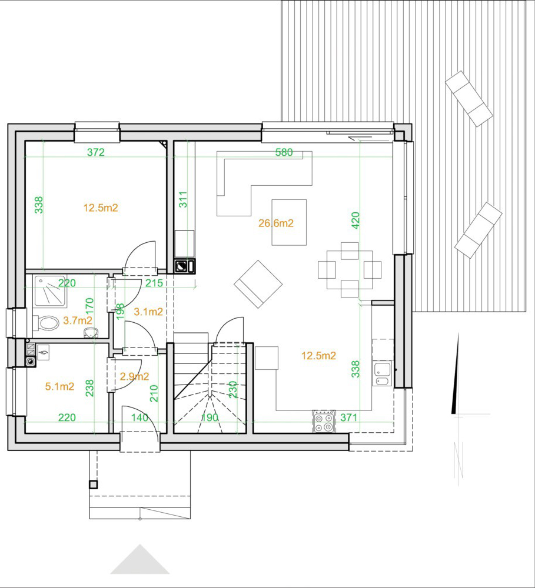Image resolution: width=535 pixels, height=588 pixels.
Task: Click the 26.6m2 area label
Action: click(276, 223)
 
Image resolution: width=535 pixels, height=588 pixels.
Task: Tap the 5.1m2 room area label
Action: click(59, 386)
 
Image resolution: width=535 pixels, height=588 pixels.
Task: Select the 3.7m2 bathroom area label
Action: click(78, 320)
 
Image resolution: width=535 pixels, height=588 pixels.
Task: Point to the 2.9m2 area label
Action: click(134, 376)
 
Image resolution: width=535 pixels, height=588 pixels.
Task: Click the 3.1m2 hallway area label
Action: click(148, 312)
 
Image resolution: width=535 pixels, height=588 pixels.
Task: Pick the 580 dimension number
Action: click(284, 152)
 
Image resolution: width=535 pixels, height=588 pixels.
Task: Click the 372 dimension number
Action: click(96, 152)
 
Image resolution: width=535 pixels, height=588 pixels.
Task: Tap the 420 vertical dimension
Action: click(355, 220)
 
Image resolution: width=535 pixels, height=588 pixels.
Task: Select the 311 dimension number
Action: click(183, 199)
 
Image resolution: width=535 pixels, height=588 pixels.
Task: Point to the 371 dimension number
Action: click(349, 417)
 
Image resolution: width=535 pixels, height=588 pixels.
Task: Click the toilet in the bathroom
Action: click(46, 323)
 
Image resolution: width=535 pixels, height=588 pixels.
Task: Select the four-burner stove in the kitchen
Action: click(324, 422)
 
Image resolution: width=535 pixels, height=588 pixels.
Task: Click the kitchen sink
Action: click(382, 374)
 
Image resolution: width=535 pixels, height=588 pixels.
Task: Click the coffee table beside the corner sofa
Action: click(289, 222)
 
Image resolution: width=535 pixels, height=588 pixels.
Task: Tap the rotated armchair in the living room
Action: click(258, 284)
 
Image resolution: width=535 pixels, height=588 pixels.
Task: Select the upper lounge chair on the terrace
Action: click(469, 99)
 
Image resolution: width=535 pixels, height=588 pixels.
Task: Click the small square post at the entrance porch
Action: click(93, 485)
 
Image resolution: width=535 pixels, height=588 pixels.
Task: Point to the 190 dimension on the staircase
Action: click(210, 417)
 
